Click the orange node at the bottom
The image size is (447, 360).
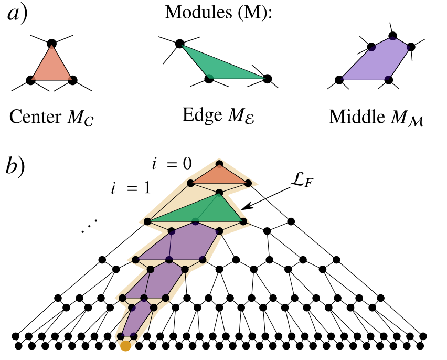(x=125, y=346)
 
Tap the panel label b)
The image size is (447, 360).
(x=17, y=167)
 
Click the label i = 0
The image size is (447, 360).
(x=170, y=164)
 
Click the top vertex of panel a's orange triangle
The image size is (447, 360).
(x=51, y=43)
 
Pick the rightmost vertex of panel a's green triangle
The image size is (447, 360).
(x=268, y=79)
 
